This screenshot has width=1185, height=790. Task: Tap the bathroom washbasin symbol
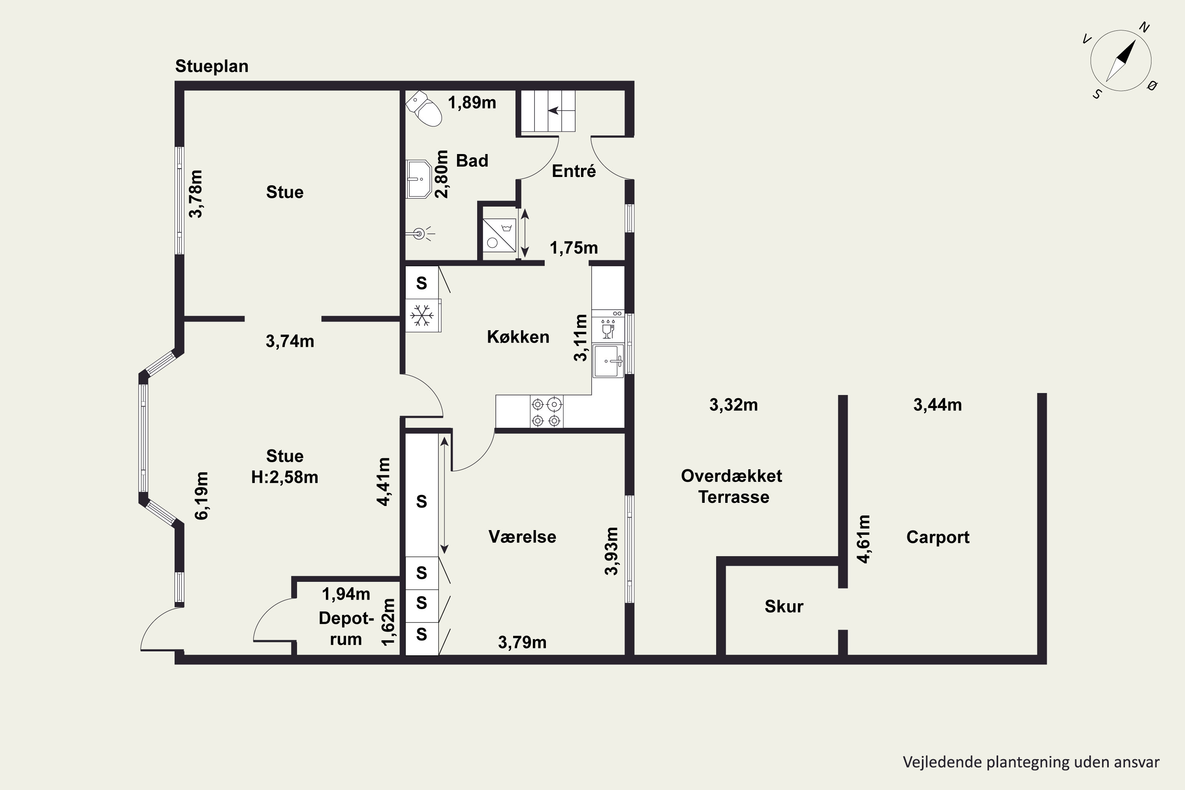point(419,179)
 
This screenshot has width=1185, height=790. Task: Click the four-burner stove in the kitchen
point(547,412)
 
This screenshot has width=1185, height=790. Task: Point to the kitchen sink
point(609,361)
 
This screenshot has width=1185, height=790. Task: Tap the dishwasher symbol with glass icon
point(608,327)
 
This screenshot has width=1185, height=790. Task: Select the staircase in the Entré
point(547,111)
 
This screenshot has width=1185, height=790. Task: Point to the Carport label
point(938,538)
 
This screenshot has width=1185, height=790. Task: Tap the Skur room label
point(784,606)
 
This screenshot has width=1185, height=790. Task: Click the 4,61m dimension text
point(863,539)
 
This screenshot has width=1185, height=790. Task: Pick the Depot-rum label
point(346,628)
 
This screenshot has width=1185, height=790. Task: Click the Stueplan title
point(212,66)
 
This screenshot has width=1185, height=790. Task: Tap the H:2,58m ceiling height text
point(285,477)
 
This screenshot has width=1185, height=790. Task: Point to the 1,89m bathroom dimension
point(472,103)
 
